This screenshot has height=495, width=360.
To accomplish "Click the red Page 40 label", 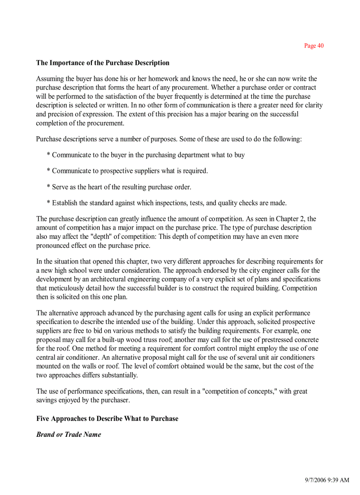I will [x=314, y=46].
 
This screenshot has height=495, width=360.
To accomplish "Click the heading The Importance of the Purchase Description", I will [x=103, y=63].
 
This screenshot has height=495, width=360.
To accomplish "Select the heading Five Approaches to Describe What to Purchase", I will [x=107, y=418].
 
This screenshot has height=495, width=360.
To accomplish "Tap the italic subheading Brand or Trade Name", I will [x=68, y=434].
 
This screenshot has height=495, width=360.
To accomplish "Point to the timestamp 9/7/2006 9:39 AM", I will [x=327, y=480].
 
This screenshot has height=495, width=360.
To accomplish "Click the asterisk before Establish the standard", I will [x=49, y=203].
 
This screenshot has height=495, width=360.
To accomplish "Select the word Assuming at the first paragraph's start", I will [x=50, y=79].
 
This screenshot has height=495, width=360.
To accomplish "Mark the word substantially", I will [x=119, y=375].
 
